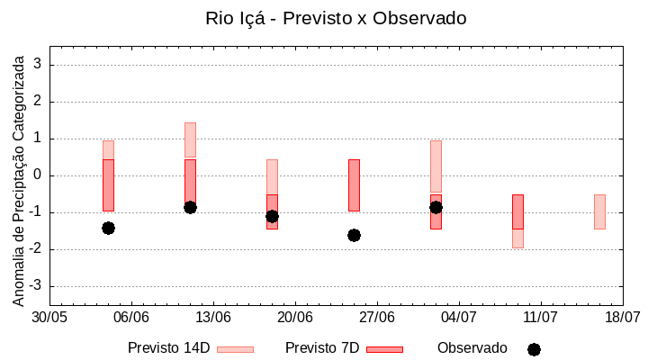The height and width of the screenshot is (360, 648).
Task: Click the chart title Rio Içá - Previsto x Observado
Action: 336,18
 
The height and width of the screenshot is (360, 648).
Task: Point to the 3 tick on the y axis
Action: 40,65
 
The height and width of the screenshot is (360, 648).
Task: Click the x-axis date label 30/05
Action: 49,317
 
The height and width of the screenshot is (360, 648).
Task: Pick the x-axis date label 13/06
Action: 213,317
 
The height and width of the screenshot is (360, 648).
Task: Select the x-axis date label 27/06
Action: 377,317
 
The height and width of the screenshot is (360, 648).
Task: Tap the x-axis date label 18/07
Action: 622,317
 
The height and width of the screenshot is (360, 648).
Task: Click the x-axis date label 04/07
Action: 459,317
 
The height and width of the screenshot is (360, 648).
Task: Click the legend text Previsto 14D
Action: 169,348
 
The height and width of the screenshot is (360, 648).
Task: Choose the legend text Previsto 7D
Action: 322,348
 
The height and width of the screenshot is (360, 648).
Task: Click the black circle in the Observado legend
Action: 534,349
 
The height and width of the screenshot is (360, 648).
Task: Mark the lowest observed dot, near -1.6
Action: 354,235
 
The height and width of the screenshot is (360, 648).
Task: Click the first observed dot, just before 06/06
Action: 108,228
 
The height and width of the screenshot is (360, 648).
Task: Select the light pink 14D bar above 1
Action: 190,139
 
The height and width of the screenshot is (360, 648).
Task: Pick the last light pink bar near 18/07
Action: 599,211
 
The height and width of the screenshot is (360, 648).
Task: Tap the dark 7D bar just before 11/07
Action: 517,211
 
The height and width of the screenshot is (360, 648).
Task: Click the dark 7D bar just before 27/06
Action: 354,184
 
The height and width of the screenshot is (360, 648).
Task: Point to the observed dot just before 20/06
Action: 272,216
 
